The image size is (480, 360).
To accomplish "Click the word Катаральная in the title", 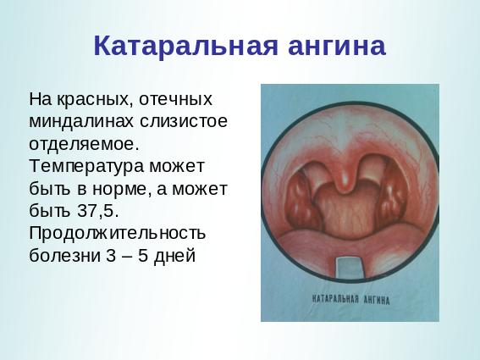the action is pyautogui.click(x=186, y=47).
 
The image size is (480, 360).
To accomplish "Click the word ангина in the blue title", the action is pyautogui.click(x=337, y=47).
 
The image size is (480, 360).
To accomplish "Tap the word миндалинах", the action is pyautogui.click(x=81, y=121).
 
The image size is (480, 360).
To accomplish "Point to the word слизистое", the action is pyautogui.click(x=184, y=121).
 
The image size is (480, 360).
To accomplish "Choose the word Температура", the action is pyautogui.click(x=86, y=166).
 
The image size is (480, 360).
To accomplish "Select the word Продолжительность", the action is pyautogui.click(x=117, y=233).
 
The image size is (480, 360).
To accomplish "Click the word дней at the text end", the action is pyautogui.click(x=174, y=256).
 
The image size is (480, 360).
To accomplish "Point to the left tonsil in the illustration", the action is pyautogui.click(x=301, y=198).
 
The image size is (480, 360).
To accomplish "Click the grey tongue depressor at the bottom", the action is pyautogui.click(x=350, y=268).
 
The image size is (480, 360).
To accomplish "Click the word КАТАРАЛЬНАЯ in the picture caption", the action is pyautogui.click(x=335, y=299).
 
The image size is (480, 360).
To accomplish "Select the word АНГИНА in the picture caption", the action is pyautogui.click(x=377, y=300).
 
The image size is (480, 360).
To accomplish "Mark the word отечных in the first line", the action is pyautogui.click(x=175, y=99).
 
